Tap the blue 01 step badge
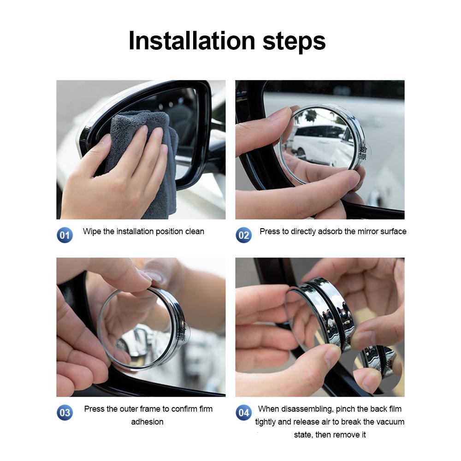click(65, 235)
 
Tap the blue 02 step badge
click(243, 235)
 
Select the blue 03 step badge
click(65, 412)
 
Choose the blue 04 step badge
click(243, 412)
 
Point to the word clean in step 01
click(194, 231)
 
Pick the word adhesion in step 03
click(147, 422)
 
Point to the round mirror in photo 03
click(143, 330)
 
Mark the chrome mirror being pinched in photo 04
click(323, 313)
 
